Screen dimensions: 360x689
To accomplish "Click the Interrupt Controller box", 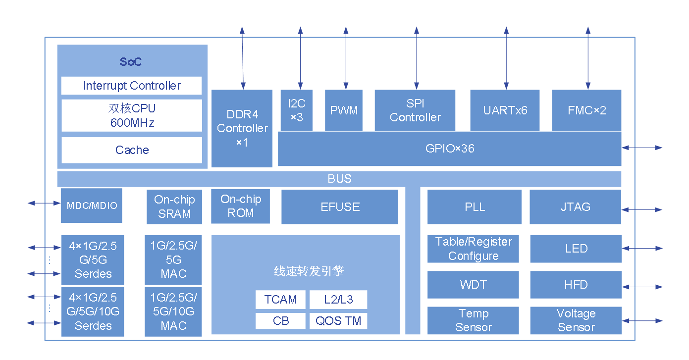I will (x=131, y=86).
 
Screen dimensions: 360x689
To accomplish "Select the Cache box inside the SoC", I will (x=131, y=150).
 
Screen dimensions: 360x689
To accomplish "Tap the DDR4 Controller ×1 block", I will (x=242, y=128).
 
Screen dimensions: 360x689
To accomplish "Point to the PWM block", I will (x=344, y=110).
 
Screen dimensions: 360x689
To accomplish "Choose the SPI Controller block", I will (x=415, y=110).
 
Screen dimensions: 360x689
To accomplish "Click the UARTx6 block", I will (x=505, y=110).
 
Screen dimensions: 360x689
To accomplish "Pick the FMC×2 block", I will (x=586, y=110).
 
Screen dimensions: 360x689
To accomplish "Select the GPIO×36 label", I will (x=450, y=149).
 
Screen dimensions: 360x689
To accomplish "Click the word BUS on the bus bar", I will (x=340, y=179).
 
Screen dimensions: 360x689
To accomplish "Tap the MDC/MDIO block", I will (x=92, y=205).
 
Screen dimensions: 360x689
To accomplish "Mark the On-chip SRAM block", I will (x=174, y=206).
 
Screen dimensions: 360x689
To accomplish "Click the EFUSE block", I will (x=340, y=206).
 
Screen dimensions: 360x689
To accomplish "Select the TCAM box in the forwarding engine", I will (x=280, y=300).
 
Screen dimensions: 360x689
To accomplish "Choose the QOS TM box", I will (x=338, y=321).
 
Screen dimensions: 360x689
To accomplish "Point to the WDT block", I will (x=473, y=285).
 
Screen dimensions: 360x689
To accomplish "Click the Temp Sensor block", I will (x=473, y=320).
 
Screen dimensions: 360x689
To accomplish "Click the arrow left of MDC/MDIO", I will (x=44, y=203).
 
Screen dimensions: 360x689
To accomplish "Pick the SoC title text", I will (x=131, y=62).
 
